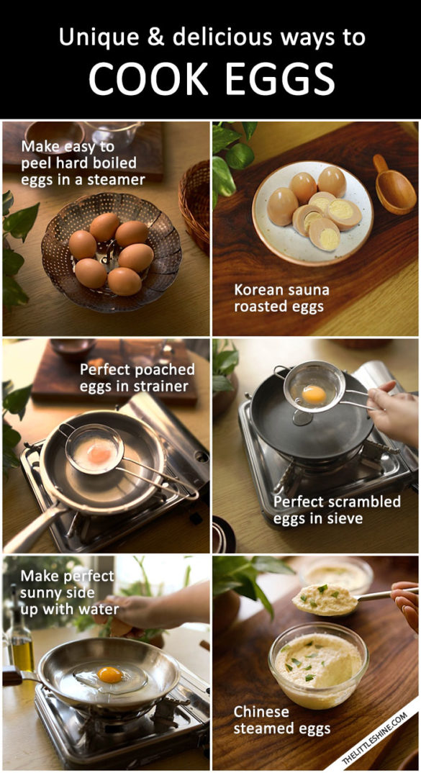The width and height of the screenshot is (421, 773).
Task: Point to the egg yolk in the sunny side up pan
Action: pyautogui.click(x=109, y=674)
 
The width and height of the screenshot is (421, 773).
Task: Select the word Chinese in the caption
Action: pyautogui.click(x=261, y=712)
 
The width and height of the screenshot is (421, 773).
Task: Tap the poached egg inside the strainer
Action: pyautogui.click(x=99, y=452)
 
